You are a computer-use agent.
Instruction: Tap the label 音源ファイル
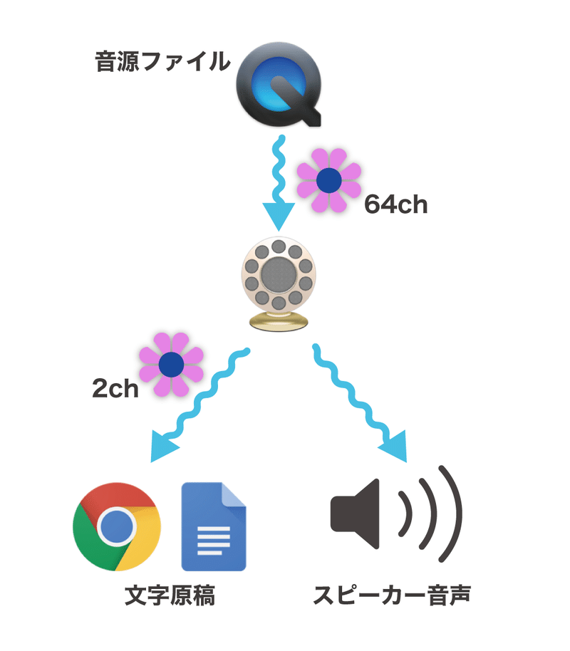pos(163,63)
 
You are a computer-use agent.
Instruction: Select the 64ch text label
pos(395,204)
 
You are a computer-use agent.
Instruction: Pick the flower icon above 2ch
pos(171,365)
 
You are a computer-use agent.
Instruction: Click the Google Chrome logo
pos(117,526)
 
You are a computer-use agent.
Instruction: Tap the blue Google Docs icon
pos(214,526)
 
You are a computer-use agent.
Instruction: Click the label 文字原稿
pos(170,595)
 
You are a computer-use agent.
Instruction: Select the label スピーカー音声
pos(393,595)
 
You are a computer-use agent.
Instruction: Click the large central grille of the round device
pos(279,273)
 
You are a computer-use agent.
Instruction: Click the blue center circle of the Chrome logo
pos(117,527)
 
